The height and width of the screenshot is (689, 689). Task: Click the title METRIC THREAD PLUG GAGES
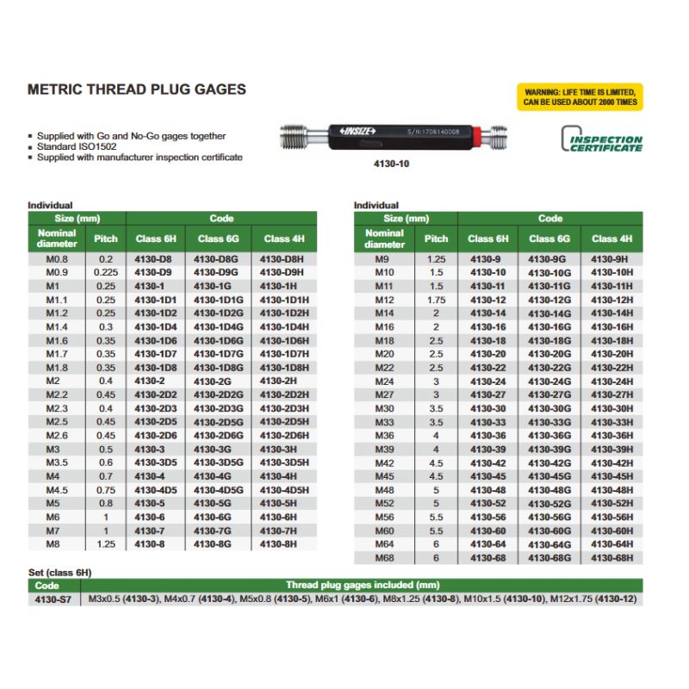137,90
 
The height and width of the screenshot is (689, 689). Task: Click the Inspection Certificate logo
602,140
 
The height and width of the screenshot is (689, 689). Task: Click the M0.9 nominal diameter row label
58,271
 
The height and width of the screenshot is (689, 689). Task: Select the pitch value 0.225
106,271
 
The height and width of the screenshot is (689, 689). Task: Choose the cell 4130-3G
212,449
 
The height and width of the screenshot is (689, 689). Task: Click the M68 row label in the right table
383,557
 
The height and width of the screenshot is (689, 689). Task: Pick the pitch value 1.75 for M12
436,300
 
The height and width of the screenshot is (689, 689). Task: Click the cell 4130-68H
611,557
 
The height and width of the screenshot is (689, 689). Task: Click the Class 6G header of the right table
549,239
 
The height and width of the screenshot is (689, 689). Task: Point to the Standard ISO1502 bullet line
70,147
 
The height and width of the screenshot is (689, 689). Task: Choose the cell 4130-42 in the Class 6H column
487,462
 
